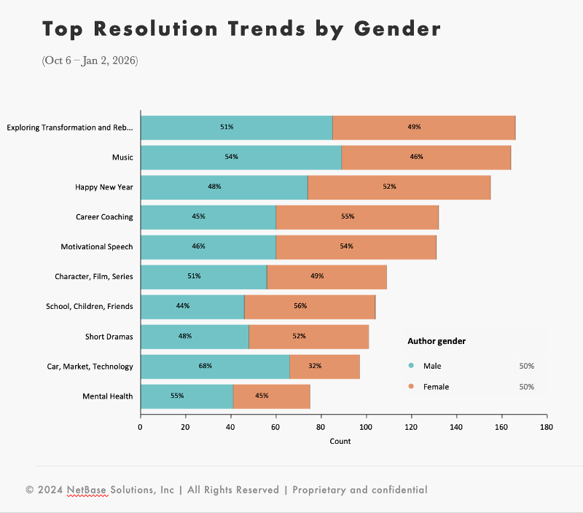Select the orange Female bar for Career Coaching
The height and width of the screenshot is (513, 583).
[357, 217]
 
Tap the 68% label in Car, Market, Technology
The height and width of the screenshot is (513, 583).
[206, 366]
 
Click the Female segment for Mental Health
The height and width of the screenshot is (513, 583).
[271, 396]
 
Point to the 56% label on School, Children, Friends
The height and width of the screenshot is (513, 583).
[300, 306]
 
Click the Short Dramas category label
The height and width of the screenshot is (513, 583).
[109, 336]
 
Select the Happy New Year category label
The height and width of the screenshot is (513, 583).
[103, 187]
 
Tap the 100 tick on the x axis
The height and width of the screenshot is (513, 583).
[366, 427]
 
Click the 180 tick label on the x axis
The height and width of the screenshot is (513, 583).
[546, 427]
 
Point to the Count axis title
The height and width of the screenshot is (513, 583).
[340, 441]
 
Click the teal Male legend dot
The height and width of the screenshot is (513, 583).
[411, 366]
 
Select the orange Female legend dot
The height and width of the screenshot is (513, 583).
[411, 387]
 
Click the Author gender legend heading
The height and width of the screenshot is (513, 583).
[437, 341]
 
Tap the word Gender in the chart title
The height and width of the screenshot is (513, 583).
[397, 29]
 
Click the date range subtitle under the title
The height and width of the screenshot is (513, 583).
[90, 60]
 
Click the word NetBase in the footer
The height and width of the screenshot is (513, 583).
[87, 490]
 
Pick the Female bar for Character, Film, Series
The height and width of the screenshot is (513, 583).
[326, 277]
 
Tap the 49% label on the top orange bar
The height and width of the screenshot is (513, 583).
[414, 128]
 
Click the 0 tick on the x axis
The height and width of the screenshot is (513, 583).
[141, 427]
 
